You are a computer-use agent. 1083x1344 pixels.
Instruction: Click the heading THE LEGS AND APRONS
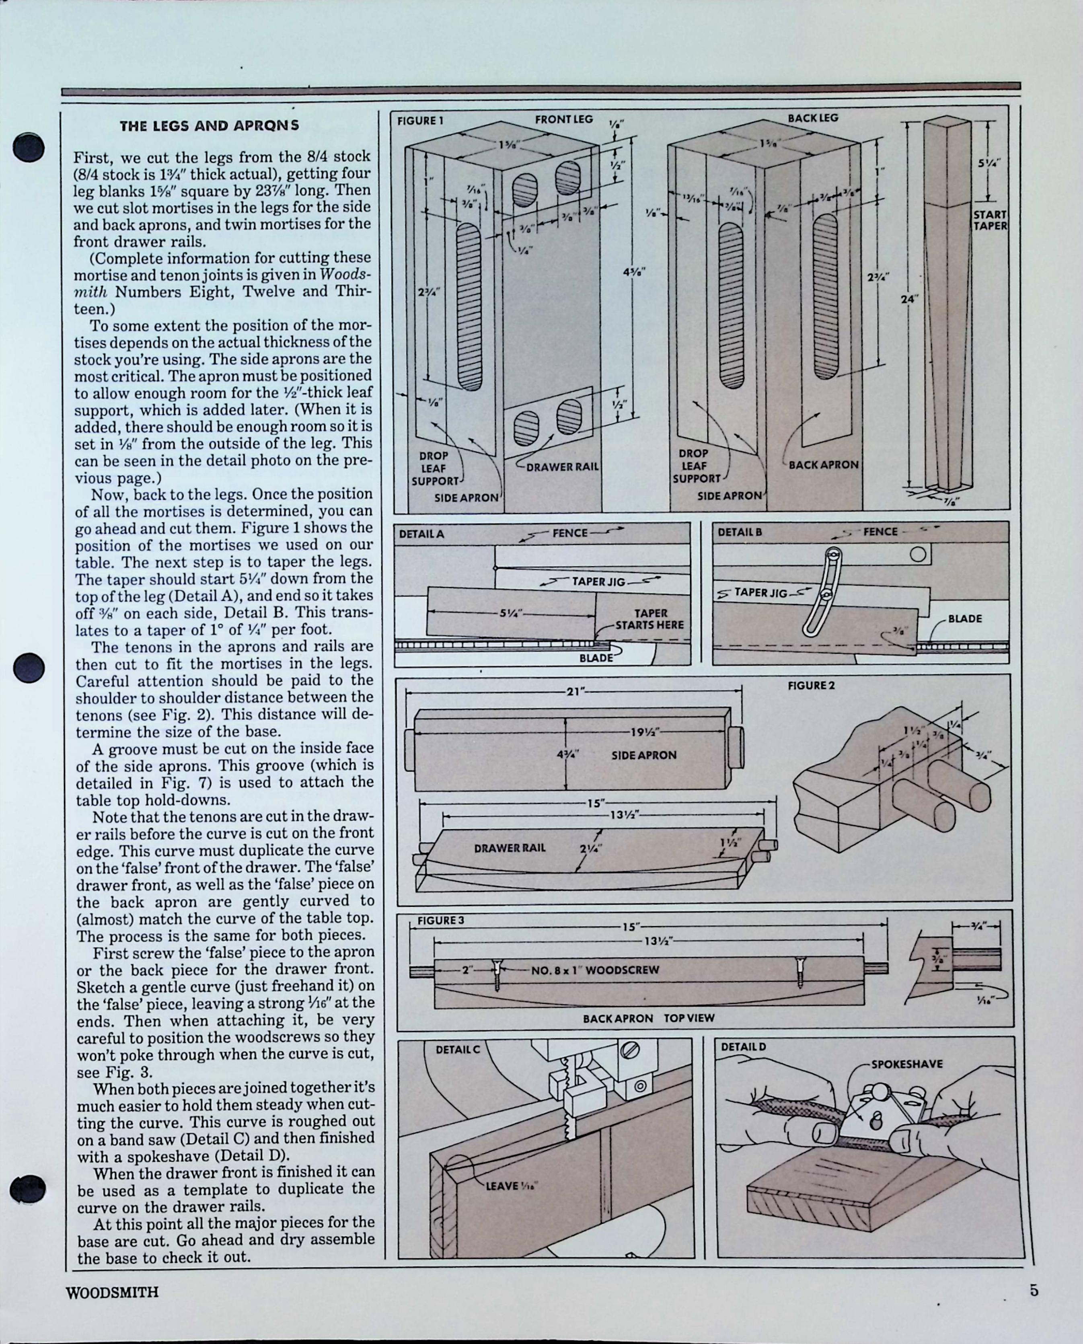point(209,125)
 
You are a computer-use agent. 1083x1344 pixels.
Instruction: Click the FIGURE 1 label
point(420,120)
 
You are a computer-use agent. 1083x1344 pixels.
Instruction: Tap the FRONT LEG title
point(563,119)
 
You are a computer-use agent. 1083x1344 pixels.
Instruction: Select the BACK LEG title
point(812,117)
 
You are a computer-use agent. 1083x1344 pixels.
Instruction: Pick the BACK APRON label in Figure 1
point(824,465)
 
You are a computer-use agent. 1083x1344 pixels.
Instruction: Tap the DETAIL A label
point(421,534)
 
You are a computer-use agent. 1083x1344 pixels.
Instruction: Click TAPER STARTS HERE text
point(650,619)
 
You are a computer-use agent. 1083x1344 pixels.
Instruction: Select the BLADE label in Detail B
point(964,619)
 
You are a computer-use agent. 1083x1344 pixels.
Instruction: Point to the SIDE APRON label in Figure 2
point(643,755)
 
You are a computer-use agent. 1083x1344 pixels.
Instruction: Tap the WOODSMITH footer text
point(112,1292)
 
